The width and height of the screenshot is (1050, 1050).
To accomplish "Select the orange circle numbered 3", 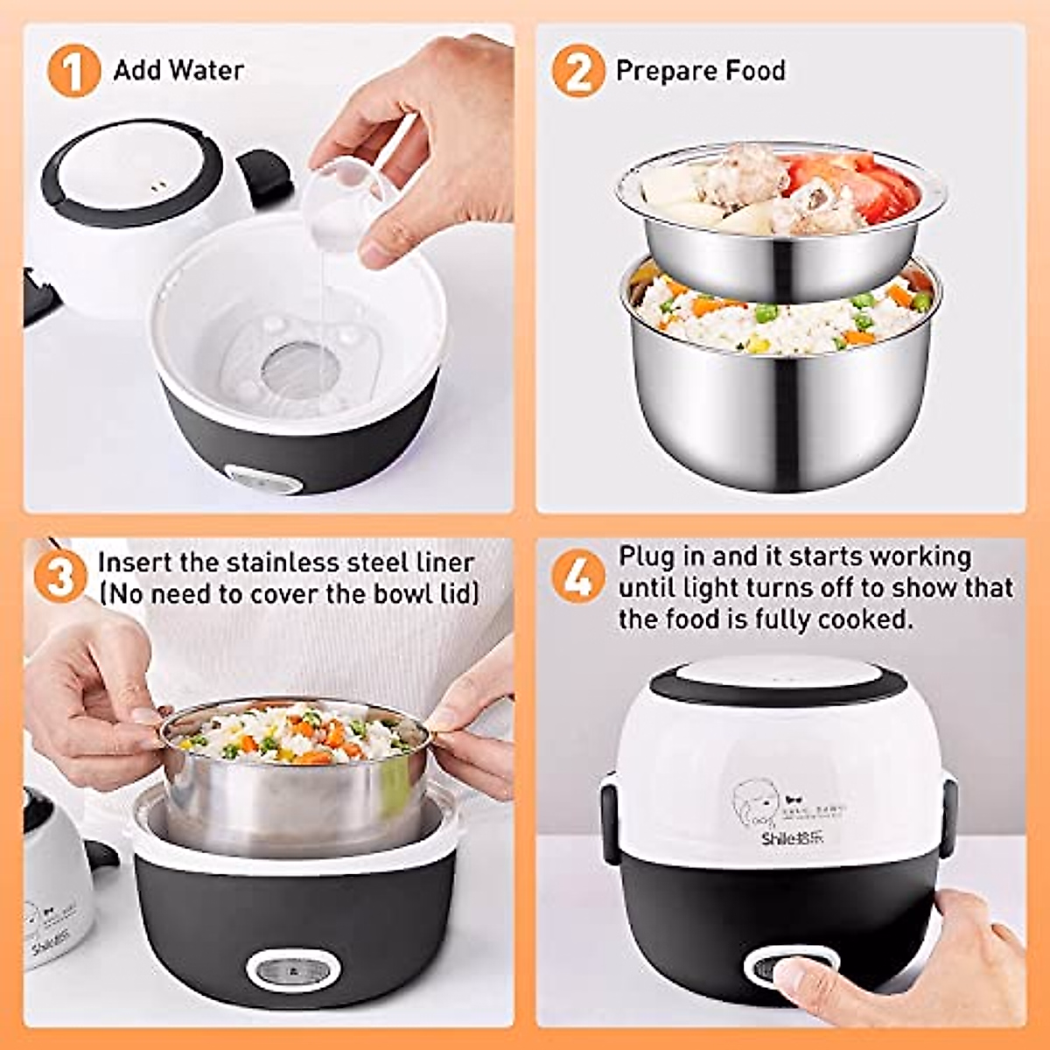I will coord(59,577).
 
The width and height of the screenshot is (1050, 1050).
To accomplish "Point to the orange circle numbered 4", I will coord(577,577).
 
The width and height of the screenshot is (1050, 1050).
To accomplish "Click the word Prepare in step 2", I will coord(661,71).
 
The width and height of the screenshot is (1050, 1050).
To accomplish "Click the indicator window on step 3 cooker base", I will coord(292,969).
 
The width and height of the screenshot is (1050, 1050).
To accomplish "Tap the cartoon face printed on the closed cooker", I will coord(752,805).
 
